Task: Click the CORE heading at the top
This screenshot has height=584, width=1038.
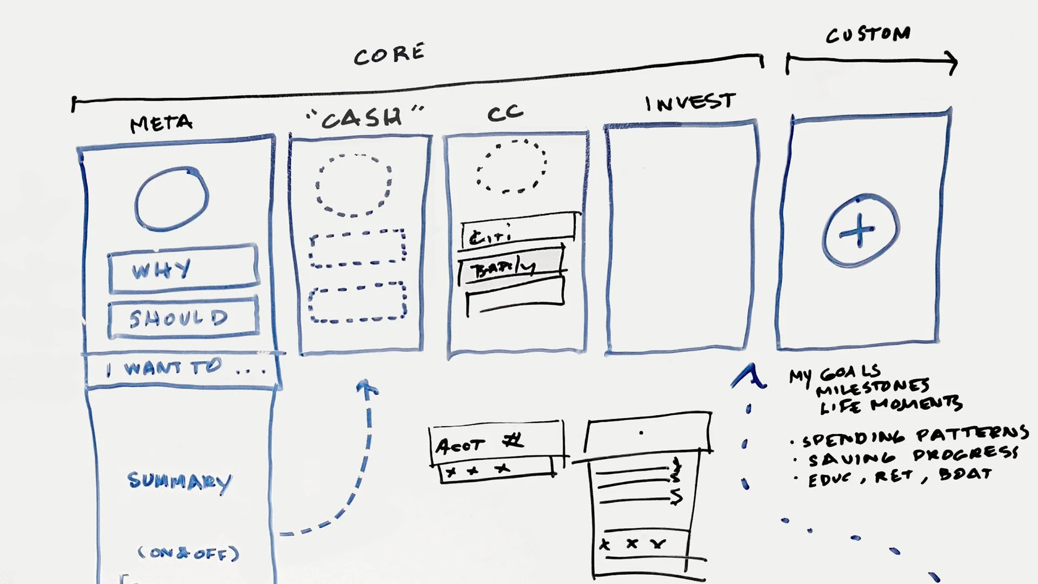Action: point(389,54)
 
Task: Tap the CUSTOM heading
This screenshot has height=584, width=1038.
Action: point(868,35)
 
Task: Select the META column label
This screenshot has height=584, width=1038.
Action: point(161,123)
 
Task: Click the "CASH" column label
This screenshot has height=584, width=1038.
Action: point(364,117)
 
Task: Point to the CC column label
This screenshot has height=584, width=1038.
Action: point(505,112)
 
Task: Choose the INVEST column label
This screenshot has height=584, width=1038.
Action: point(690,102)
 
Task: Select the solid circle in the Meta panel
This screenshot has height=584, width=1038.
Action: point(171,198)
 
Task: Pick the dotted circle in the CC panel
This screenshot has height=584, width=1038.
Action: point(511,166)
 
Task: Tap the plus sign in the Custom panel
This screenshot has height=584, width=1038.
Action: point(859,231)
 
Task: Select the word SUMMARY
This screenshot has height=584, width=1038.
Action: point(179,481)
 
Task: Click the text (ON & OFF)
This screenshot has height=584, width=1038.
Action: point(188,553)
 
